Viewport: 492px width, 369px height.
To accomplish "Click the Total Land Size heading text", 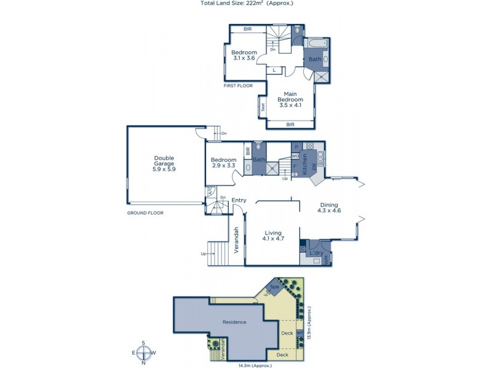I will pos(246,3).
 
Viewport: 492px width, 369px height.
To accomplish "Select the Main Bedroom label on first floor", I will pos(290,100).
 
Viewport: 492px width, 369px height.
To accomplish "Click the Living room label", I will pos(272,236).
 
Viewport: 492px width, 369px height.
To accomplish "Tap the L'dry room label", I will pos(316,253).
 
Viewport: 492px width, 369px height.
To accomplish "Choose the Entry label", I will pos(239,200).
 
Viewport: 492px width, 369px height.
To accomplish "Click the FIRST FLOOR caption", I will pos(240,86).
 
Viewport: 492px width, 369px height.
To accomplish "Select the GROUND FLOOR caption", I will pos(145,213).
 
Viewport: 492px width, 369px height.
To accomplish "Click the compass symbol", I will pos(143,352).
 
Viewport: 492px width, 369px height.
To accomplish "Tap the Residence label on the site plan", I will pos(234,322).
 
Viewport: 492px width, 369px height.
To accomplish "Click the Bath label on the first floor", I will pos(315,60).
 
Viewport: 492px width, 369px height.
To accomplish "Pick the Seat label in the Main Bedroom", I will pos(263,106).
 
